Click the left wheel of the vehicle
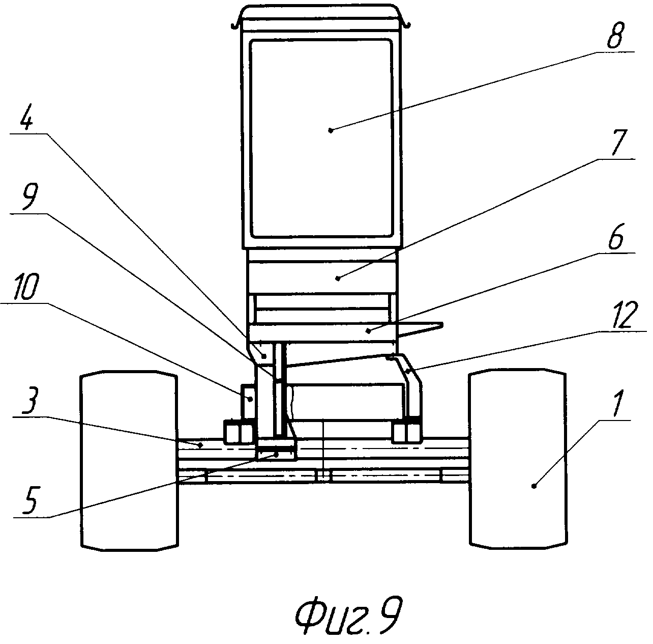pyautogui.click(x=129, y=461)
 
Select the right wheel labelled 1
pyautogui.click(x=518, y=461)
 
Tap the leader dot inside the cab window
pyautogui.click(x=331, y=130)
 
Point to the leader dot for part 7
pyautogui.click(x=338, y=278)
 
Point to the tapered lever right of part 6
pyautogui.click(x=421, y=329)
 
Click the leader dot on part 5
pyautogui.click(x=277, y=455)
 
